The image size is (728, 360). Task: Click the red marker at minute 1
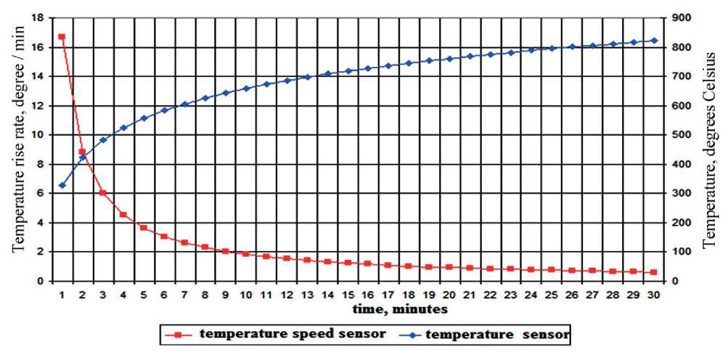(62, 36)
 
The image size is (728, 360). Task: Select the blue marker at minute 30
(654, 41)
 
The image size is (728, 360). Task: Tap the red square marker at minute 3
(103, 193)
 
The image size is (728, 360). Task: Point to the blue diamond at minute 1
(62, 186)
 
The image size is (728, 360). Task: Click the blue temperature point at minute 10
(246, 89)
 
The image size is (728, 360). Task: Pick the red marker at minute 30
(654, 272)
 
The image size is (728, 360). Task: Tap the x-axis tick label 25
(552, 295)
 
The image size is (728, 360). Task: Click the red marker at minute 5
(144, 228)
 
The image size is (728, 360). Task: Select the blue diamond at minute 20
(450, 59)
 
